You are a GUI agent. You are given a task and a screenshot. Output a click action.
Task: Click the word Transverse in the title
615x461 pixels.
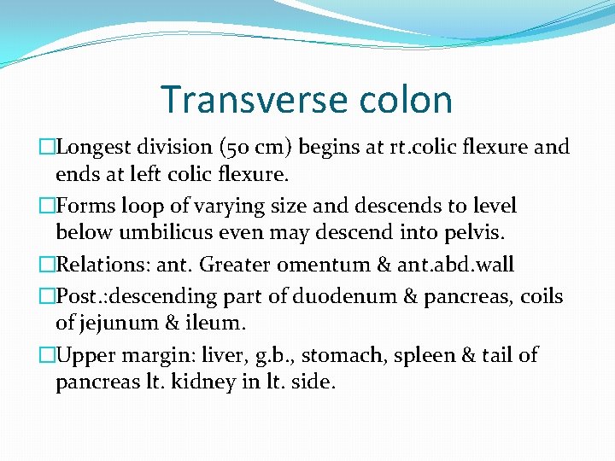[240, 99]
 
